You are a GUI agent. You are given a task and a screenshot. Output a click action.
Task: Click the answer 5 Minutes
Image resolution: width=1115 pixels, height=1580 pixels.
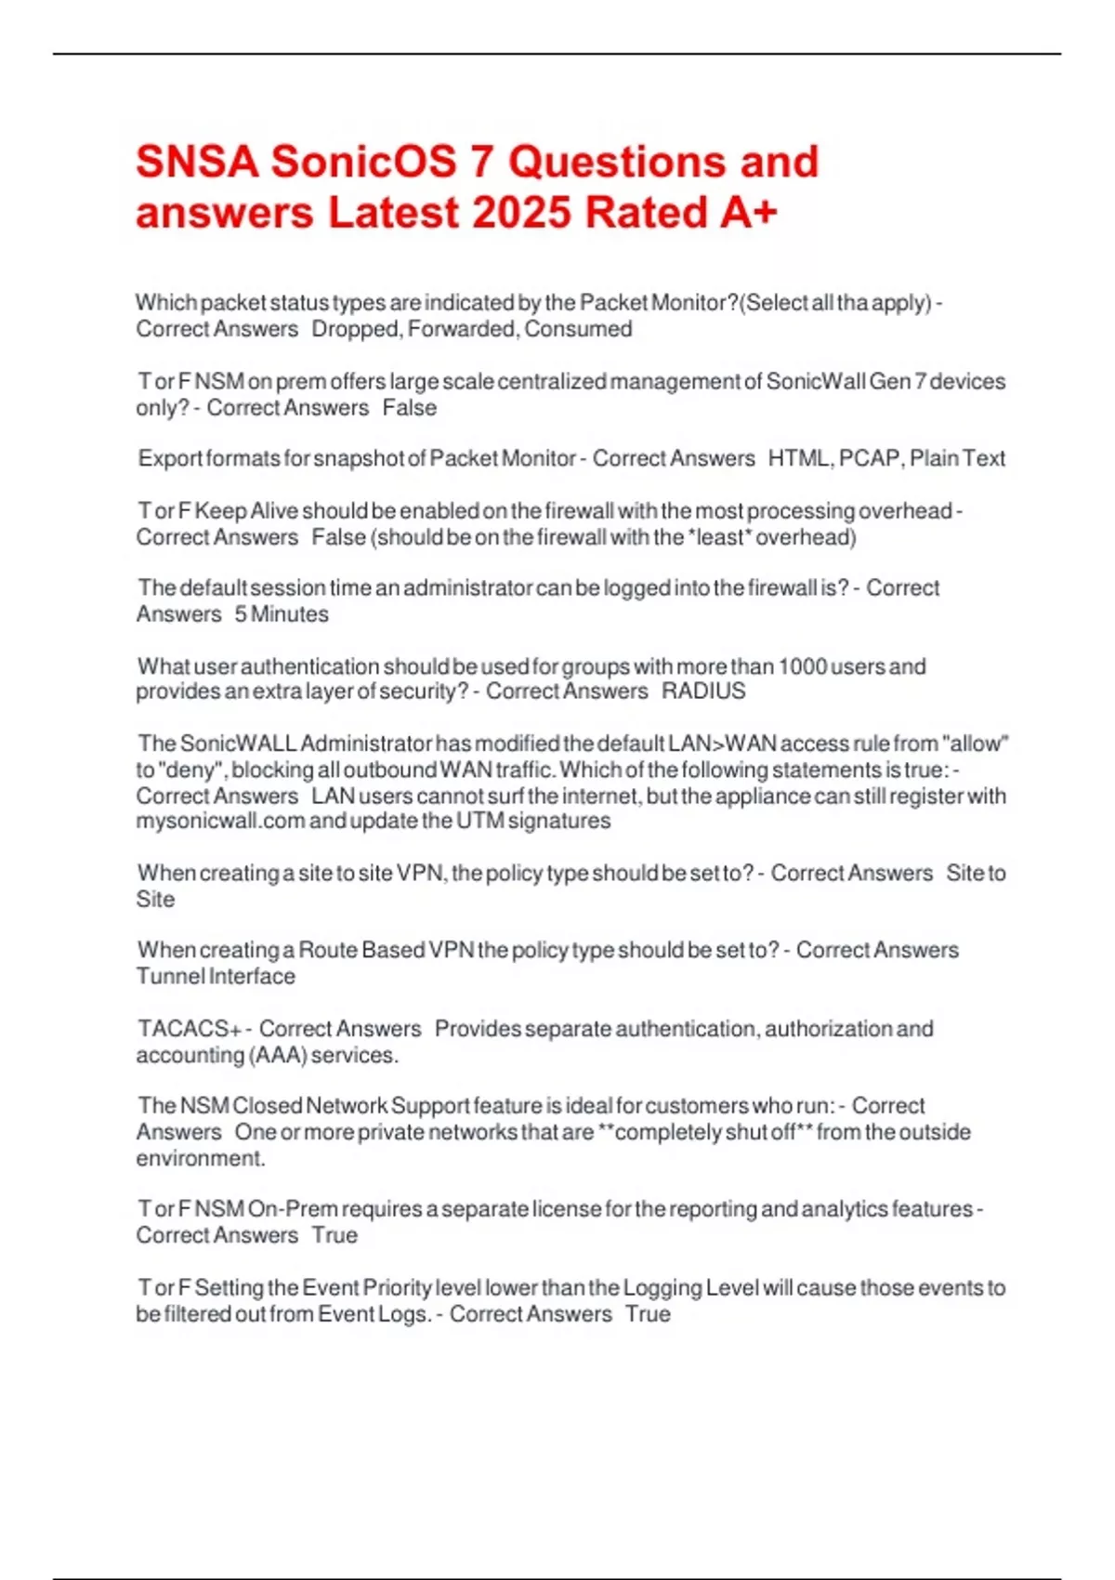282,614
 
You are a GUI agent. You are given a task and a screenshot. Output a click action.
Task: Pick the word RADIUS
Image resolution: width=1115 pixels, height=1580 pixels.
703,691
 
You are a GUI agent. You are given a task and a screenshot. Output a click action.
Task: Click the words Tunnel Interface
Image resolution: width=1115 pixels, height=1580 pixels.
216,977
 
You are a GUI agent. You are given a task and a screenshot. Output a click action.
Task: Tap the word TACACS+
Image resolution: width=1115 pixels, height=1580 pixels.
190,1029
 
